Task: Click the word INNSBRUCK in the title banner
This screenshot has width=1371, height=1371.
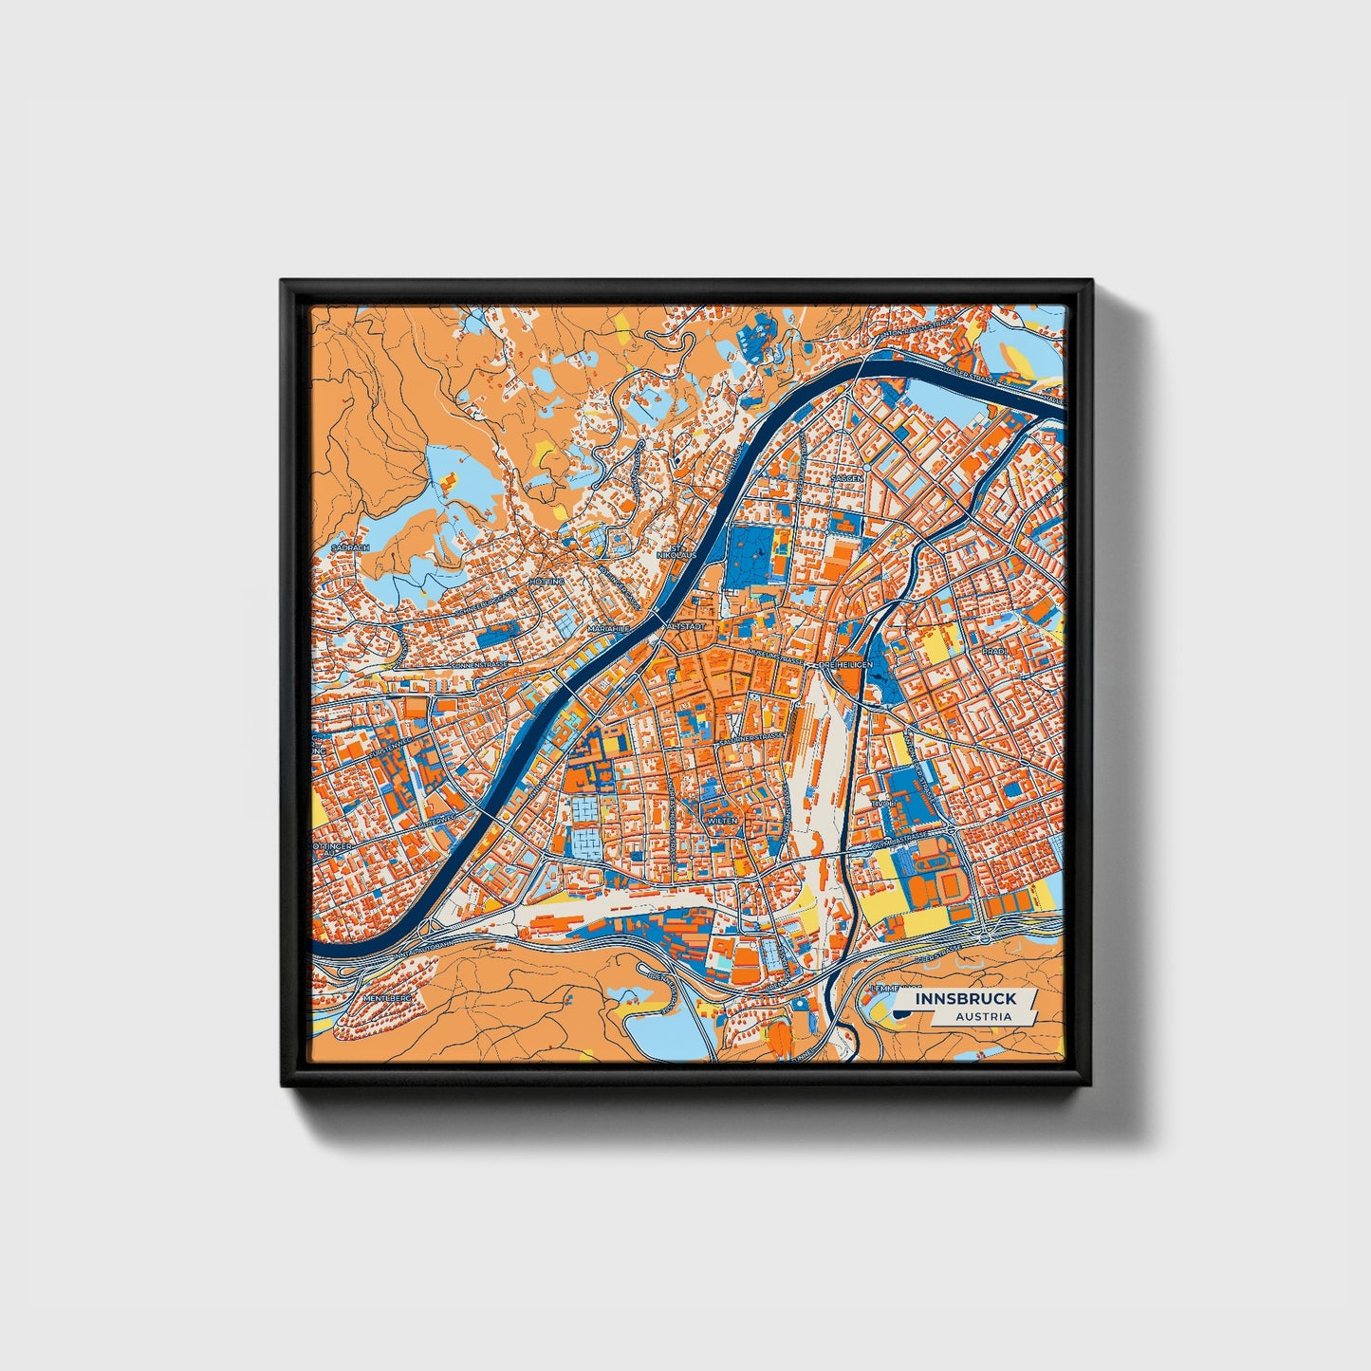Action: (x=966, y=998)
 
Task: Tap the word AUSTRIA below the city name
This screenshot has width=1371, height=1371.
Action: (x=983, y=1016)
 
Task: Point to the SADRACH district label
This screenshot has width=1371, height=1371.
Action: (x=349, y=547)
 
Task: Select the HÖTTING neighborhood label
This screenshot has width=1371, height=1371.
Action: (x=549, y=581)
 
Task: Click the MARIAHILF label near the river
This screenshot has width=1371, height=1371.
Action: (x=607, y=628)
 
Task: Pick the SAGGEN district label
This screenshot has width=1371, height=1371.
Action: (x=847, y=479)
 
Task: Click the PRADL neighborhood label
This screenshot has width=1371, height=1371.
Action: (x=993, y=653)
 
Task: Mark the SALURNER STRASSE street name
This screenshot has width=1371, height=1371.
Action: (x=752, y=737)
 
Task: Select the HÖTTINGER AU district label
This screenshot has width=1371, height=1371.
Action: (x=334, y=847)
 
